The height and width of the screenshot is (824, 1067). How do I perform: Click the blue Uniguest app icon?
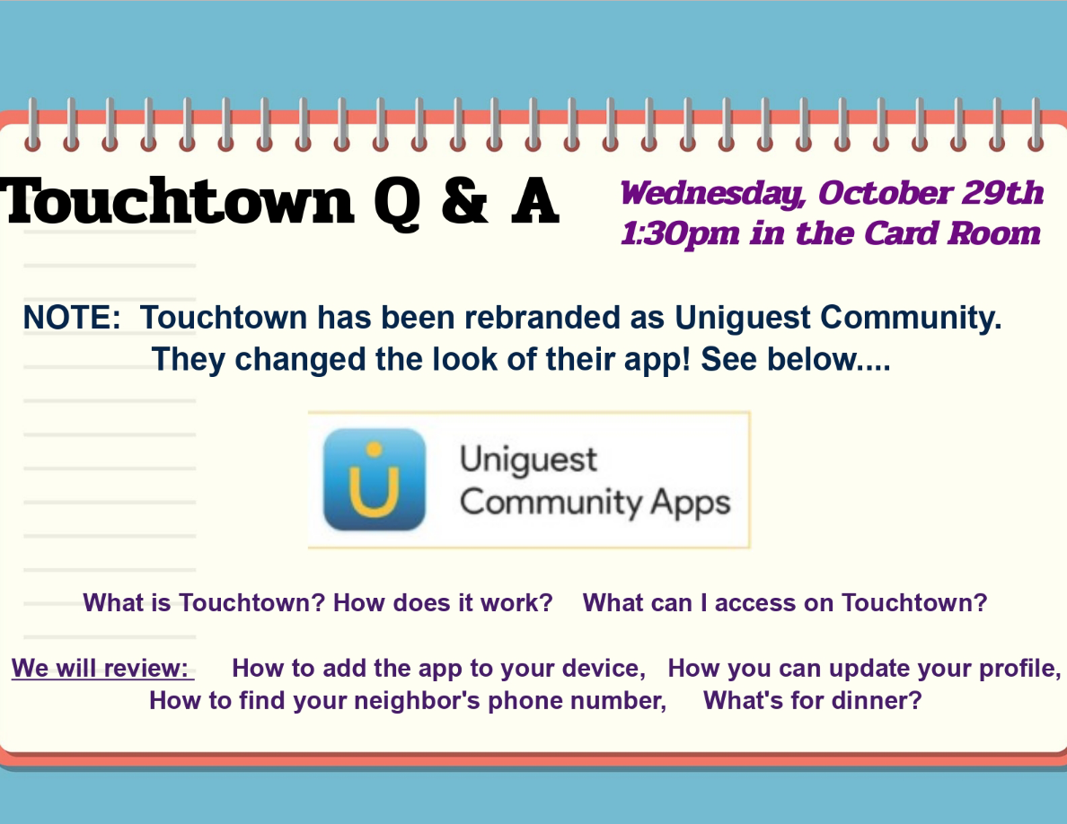point(375,479)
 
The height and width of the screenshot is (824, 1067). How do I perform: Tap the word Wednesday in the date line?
point(714,193)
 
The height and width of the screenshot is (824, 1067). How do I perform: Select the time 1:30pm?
point(680,234)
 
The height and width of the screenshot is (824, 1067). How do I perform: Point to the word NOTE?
point(72,318)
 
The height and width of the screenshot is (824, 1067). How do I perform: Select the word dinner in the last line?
point(869,700)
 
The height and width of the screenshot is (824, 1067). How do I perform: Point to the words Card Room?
point(952,234)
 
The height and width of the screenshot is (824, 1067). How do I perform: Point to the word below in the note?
point(811,359)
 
